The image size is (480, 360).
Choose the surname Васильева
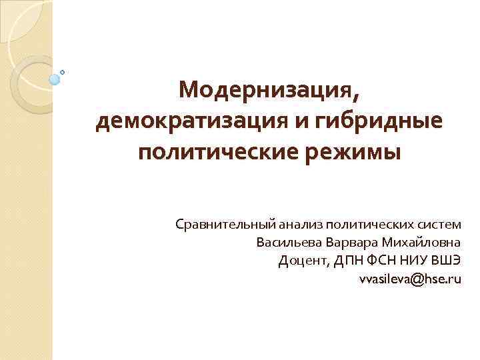click(x=285, y=242)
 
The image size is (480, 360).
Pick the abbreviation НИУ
click(x=411, y=261)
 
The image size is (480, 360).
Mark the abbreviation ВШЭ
click(x=446, y=261)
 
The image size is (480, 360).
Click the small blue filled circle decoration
click(x=55, y=79)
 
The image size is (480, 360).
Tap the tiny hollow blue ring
click(x=63, y=72)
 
